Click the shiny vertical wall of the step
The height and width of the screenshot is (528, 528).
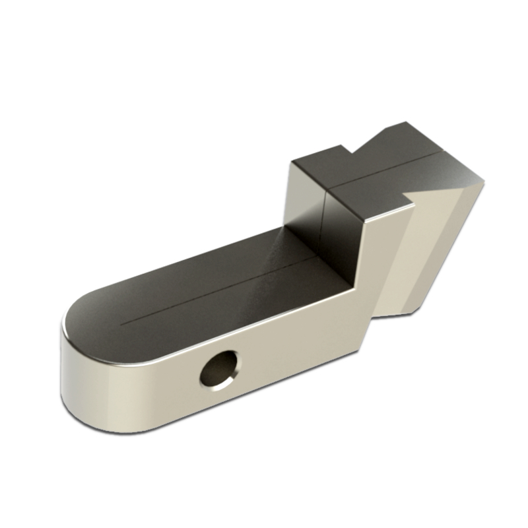coord(310,211)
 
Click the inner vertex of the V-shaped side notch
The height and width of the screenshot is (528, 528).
coord(405,195)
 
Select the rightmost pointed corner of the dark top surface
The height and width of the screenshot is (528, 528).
coord(484,179)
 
